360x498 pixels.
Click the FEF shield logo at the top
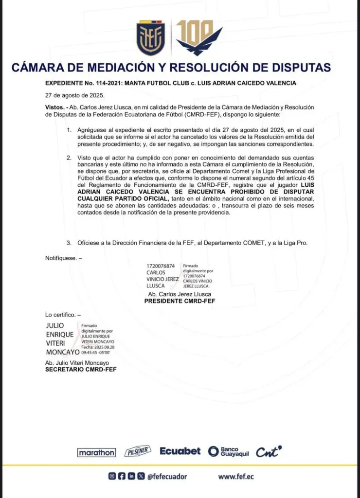tap(151, 39)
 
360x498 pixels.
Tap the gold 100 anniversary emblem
tap(198, 38)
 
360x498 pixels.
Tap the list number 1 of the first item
tap(69, 131)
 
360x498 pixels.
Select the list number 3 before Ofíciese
tap(69, 243)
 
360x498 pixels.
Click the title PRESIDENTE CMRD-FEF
tap(180, 302)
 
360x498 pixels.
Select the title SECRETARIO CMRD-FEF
tap(81, 370)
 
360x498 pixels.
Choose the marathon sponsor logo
tap(97, 452)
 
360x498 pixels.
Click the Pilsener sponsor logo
tap(138, 451)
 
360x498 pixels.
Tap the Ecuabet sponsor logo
tap(180, 451)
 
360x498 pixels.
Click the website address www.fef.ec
tap(236, 477)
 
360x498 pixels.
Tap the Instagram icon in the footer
tap(112, 477)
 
